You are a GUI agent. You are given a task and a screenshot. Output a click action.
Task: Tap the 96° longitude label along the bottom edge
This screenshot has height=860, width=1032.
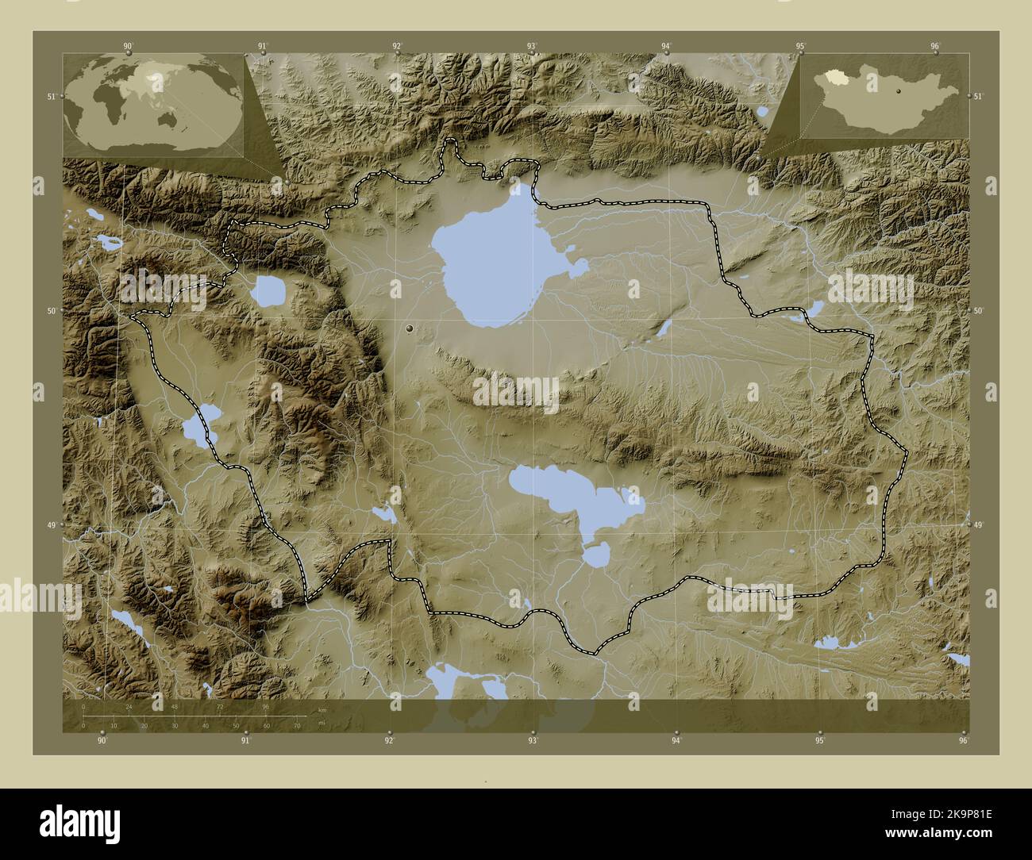point(963,741)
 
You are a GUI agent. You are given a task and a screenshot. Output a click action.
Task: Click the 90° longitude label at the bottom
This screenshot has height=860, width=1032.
point(102,741)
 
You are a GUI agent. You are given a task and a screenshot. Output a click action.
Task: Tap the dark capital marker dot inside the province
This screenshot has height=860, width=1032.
point(410,327)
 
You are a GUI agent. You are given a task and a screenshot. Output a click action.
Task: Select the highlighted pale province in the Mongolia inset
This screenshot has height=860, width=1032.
point(833,77)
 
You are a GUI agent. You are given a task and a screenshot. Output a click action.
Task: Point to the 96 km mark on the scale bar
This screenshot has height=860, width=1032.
point(266,706)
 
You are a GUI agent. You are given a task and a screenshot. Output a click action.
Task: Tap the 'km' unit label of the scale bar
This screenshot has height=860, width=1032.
point(322,709)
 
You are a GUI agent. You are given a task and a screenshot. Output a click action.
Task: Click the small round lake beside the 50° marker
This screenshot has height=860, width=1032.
point(268,291)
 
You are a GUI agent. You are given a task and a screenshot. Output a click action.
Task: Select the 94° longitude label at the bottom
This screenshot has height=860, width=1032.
point(676,741)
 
